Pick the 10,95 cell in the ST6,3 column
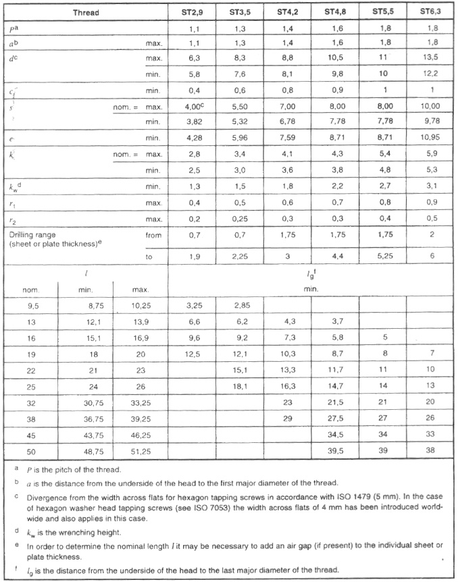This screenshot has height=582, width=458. point(430,137)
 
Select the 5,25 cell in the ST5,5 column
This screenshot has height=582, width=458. point(384,257)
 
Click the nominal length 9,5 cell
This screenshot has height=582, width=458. point(32,305)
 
